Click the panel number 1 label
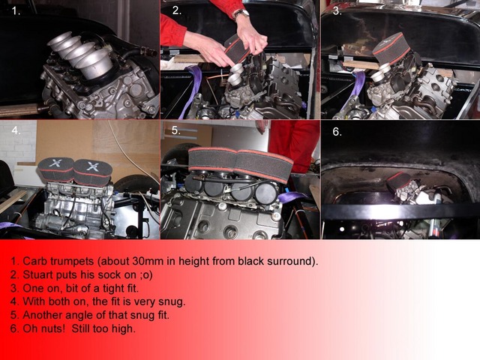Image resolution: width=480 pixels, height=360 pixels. pos(16,11)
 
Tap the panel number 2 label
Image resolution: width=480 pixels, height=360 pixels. pos(177,10)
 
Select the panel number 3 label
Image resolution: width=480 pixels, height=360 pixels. pos(337,11)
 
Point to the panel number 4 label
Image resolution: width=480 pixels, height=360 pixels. pos(16,130)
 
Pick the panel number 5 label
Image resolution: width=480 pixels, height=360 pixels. pos(176,130)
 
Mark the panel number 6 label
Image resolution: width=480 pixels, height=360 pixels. pos(337,132)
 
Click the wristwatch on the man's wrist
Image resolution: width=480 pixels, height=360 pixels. pos(241,13)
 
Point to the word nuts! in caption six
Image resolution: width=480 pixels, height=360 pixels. pos(52,328)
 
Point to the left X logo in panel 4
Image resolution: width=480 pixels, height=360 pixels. pos(55,163)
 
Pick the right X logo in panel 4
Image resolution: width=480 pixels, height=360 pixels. pos(91,166)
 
